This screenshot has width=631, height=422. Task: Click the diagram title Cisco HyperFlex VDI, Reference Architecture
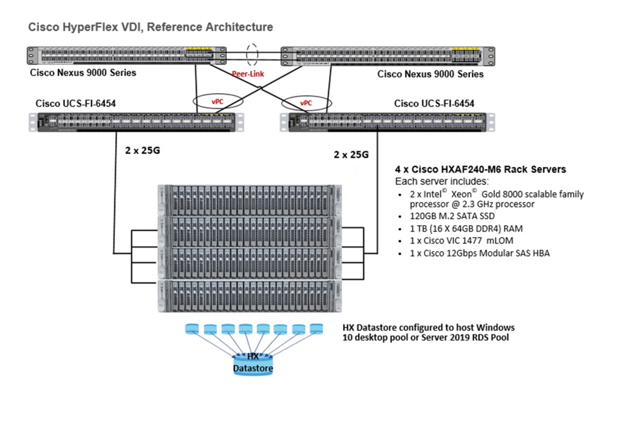point(150,28)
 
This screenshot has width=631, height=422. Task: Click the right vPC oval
point(306,102)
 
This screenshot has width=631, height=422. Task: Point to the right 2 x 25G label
point(351,155)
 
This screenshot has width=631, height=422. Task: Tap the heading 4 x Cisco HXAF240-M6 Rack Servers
point(480,170)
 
